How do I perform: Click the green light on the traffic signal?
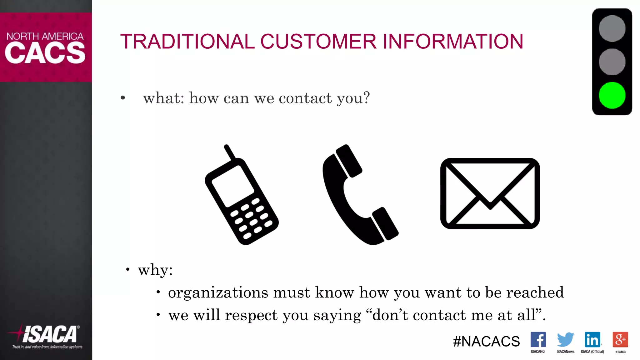612,95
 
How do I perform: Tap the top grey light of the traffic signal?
612,28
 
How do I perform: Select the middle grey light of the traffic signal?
612,62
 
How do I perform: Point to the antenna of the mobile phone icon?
229,152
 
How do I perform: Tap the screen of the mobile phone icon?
233,186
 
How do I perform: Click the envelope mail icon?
490,193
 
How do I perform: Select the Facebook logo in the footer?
538,339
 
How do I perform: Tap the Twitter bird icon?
565,339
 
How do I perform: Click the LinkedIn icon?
592,339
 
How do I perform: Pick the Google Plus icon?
620,339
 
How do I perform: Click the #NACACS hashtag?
486,341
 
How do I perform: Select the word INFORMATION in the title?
453,42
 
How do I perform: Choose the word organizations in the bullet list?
218,293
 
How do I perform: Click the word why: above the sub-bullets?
155,270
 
